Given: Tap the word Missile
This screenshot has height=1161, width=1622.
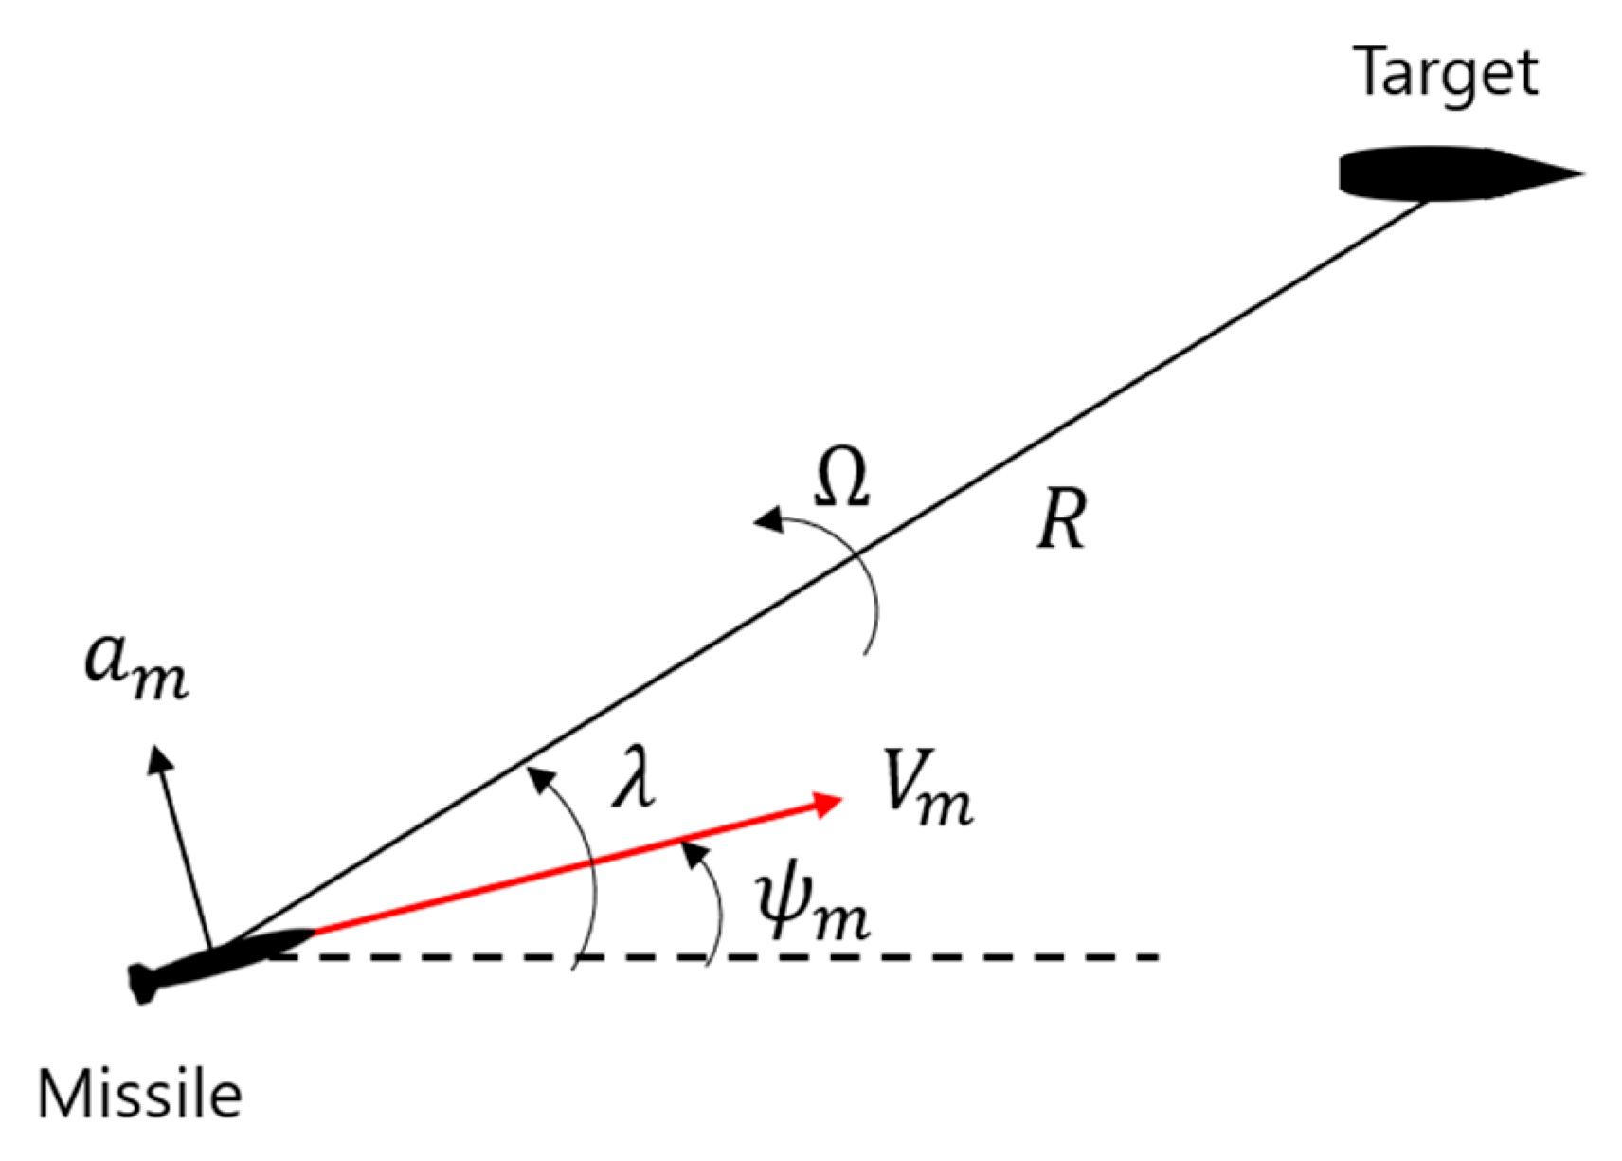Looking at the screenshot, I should point(139,1094).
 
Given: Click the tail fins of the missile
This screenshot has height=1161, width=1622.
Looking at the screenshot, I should point(142,984).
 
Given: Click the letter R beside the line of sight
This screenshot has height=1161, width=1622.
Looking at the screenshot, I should point(1060,521).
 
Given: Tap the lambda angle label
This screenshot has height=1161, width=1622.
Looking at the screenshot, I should point(634,777).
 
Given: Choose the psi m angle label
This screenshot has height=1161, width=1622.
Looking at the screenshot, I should point(812,907).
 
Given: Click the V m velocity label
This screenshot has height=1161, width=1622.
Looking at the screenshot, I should point(926,789).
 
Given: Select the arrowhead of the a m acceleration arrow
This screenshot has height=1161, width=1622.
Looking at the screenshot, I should point(158,758).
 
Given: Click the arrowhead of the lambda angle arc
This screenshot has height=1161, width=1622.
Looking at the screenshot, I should point(540,779).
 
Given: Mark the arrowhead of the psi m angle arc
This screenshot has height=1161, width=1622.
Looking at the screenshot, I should point(695,854).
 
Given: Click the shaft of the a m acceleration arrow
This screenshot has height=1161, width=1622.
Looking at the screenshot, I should point(185,853).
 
